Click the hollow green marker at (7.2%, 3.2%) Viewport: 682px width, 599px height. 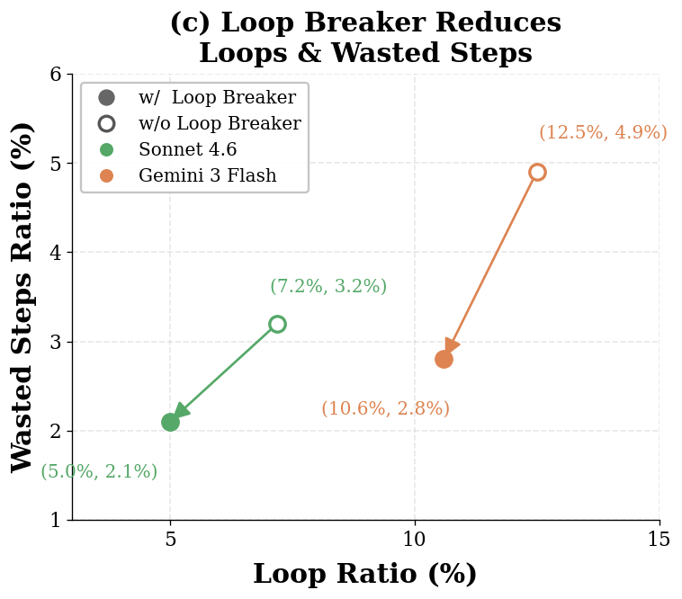(277, 324)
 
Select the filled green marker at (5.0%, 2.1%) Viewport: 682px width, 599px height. (170, 422)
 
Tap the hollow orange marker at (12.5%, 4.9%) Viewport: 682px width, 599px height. (537, 172)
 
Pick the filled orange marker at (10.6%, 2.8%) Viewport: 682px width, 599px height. (444, 359)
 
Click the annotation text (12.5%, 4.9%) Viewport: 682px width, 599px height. (603, 133)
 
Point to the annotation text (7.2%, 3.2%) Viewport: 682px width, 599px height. (328, 287)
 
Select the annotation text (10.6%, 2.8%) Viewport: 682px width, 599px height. (385, 409)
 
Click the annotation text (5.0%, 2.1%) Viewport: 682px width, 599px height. (99, 472)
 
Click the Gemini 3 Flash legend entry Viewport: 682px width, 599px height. (207, 176)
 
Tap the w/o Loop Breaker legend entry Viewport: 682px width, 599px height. (219, 124)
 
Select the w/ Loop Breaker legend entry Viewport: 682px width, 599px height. (216, 98)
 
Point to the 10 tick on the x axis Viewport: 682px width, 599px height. (415, 540)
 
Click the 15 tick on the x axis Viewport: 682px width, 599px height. (659, 540)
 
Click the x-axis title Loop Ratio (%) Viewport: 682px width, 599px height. (364, 575)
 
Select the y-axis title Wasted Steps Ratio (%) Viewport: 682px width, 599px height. (22, 297)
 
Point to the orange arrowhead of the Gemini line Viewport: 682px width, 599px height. (452, 346)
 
